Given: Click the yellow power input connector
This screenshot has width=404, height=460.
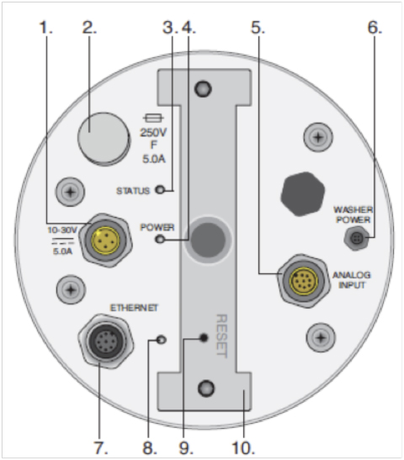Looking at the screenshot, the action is (x=106, y=241).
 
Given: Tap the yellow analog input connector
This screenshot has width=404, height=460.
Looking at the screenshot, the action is (x=304, y=281).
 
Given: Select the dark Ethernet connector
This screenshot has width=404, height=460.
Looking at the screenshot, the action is (x=106, y=341).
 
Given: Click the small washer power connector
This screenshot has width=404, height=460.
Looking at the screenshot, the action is (x=356, y=239).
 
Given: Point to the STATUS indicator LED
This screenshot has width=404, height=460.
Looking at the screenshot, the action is (x=160, y=189).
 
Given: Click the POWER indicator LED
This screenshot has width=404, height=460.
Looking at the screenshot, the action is (x=160, y=239).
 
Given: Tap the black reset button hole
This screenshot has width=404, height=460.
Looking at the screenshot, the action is (x=204, y=338).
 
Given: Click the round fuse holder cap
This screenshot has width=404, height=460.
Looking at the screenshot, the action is (x=104, y=139).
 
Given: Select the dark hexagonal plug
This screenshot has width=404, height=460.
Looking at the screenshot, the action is (x=303, y=194).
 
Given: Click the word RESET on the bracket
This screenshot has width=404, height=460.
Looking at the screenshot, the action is (x=221, y=336).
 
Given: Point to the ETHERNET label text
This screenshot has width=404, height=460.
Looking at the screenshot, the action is (x=134, y=308).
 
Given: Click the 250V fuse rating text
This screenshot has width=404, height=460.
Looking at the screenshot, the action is (x=153, y=133).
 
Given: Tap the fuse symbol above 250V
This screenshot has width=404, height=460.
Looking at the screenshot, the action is (x=153, y=119).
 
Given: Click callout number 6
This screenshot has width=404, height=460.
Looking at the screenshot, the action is (x=375, y=27).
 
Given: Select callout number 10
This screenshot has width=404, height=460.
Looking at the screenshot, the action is (x=243, y=448).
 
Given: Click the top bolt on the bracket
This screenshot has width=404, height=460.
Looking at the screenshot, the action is (x=203, y=88).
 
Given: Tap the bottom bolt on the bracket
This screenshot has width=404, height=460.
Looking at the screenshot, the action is (x=206, y=389).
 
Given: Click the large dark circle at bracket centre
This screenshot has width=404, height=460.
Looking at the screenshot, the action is (x=208, y=240).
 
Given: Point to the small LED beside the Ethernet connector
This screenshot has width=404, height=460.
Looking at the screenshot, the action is (x=162, y=340).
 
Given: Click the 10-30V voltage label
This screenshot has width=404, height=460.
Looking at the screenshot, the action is (x=62, y=230).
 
